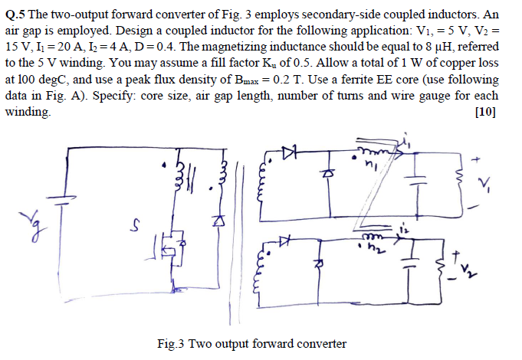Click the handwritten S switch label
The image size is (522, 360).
click(136, 225)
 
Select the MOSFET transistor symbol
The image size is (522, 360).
click(170, 247)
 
